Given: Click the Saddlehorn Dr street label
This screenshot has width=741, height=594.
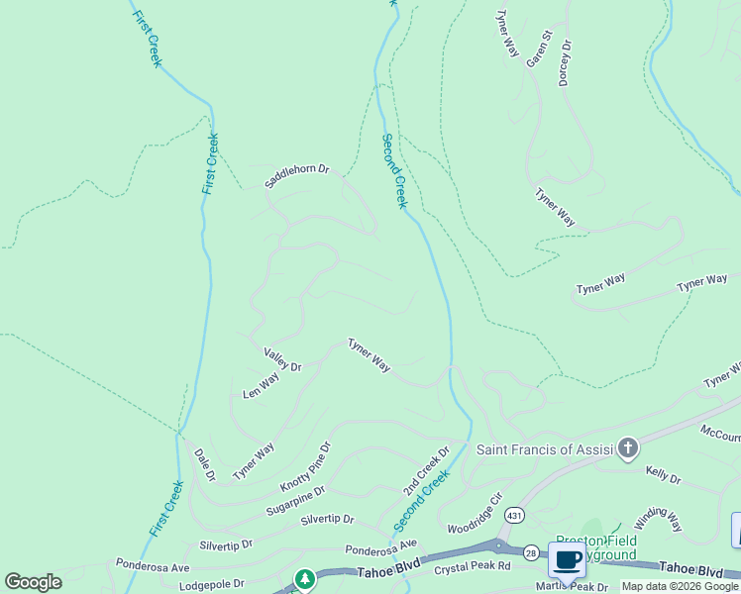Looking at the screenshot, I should (x=296, y=175).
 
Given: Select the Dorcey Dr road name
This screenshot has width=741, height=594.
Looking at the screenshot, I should (x=566, y=62).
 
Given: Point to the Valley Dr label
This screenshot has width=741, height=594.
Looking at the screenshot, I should (x=282, y=359).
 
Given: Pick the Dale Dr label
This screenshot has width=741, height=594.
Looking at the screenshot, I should (x=205, y=464).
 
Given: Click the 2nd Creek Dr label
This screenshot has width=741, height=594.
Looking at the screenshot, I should (x=426, y=471).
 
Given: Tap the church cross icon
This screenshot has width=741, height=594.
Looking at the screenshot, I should (x=627, y=449).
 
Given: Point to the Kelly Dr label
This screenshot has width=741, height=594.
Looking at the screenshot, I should (x=664, y=476).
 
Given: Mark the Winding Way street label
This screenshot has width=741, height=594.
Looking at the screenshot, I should (x=659, y=519).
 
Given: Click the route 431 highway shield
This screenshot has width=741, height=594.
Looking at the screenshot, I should (x=513, y=515).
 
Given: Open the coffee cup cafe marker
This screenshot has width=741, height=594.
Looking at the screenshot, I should (x=568, y=560).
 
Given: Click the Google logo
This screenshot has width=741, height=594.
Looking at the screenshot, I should (x=33, y=582).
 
